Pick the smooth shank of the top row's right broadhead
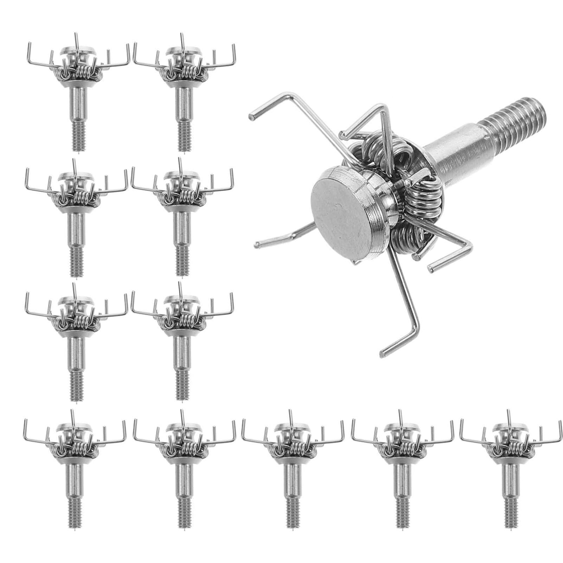point(184,105)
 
